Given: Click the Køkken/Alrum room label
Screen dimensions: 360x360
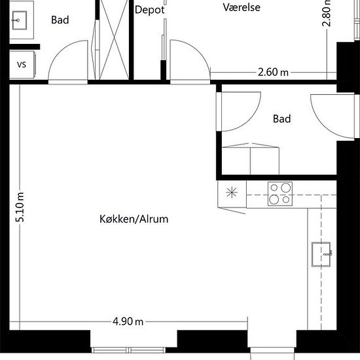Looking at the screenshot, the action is click(134, 219).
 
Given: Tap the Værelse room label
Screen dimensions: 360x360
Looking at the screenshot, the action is click(242, 7).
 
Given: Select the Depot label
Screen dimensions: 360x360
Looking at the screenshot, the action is click(150, 10).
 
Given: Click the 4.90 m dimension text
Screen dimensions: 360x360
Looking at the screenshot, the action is click(128, 321).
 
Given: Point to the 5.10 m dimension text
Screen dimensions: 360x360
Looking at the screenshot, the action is click(20, 207).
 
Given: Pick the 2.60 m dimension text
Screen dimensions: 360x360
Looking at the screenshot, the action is click(273, 72).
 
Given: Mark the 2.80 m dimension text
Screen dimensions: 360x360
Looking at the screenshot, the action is click(327, 13).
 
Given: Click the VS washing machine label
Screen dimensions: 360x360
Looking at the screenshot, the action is click(22, 65).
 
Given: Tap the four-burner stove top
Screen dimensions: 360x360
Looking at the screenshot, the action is click(280, 194).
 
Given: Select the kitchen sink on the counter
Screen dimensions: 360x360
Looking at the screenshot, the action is click(321, 255).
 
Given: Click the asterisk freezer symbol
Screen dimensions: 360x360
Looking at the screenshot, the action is click(232, 192).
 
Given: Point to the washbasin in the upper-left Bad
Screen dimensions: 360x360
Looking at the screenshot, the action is click(20, 20).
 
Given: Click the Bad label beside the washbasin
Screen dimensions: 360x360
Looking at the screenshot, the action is click(60, 20).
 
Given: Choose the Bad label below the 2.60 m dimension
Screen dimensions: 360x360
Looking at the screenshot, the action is click(281, 119).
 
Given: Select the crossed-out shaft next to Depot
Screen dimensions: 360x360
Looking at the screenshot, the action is click(114, 39).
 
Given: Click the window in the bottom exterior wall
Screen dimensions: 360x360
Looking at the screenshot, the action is click(128, 350).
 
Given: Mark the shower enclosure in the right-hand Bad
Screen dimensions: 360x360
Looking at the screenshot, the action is click(251, 158).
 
